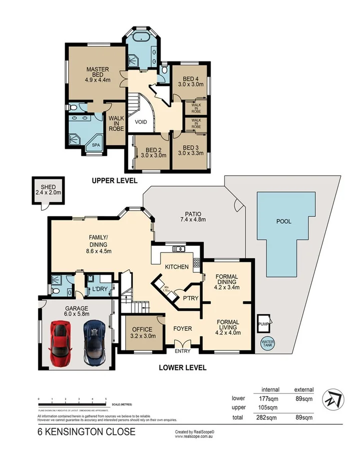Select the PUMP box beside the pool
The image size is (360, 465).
pos(263,323)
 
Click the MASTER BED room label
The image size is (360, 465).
pos(98,73)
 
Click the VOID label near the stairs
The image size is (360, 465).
pos(140,121)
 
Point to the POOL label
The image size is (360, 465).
pos(283,221)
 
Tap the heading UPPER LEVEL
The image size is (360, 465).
pos(114,180)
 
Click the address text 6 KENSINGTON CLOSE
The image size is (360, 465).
pos(86,431)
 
